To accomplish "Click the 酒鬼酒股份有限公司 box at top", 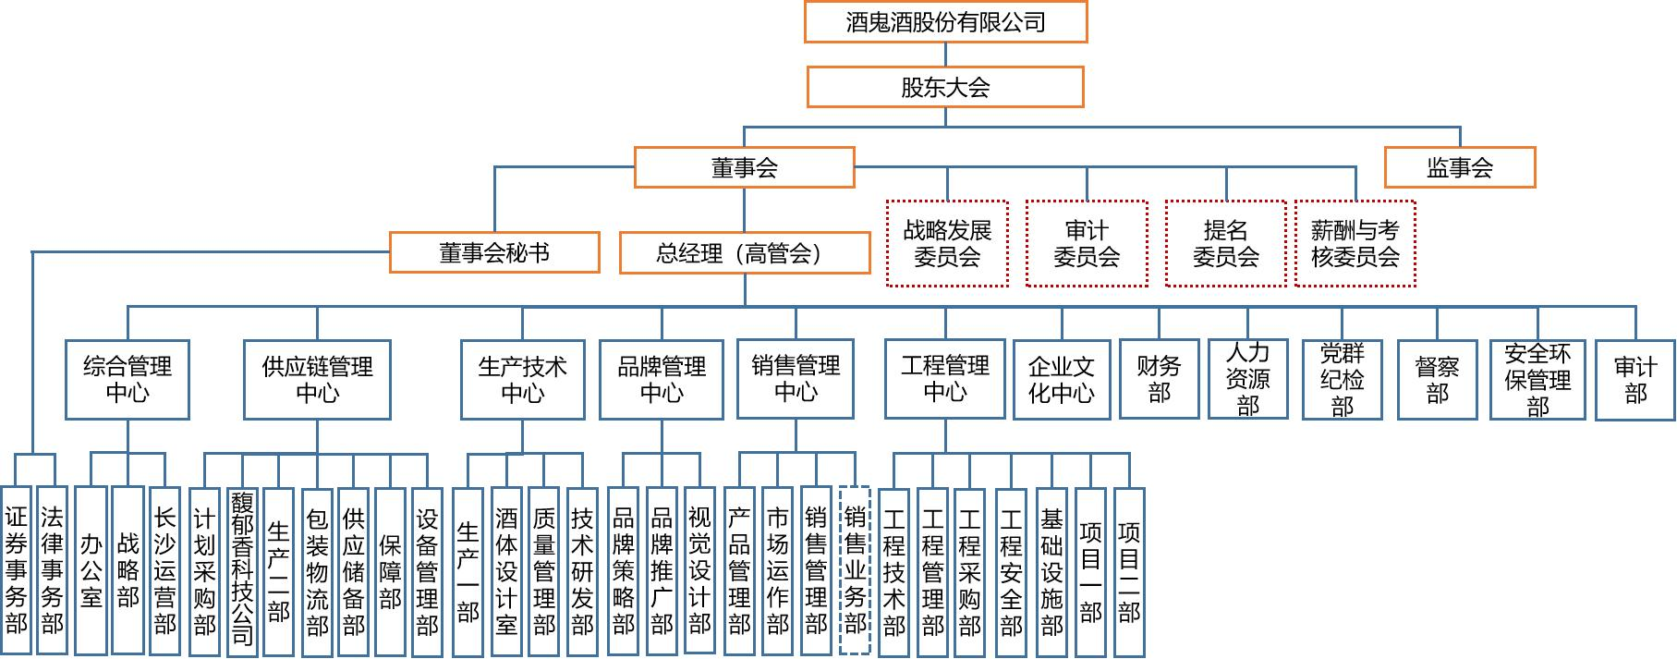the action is (945, 22).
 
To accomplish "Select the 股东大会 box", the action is (945, 87).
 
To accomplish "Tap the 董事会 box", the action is (745, 167).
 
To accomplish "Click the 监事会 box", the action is (1460, 167).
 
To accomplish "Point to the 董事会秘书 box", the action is (494, 252).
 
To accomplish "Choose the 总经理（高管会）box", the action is (745, 252).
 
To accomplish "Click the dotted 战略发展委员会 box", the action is (947, 243).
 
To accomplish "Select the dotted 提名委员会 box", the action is (1226, 243).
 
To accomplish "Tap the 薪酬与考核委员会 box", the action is (1355, 243).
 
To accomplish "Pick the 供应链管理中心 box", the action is (317, 380).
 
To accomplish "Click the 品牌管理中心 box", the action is (662, 380).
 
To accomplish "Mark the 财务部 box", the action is (1160, 380).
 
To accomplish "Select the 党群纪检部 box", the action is (1342, 380).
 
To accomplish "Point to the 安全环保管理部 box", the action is (1537, 380).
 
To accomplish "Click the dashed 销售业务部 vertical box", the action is (856, 571).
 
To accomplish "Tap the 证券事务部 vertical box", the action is (16, 571).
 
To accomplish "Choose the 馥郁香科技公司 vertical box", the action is (242, 571).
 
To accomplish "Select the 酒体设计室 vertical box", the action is (506, 571).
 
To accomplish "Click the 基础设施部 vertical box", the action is (1051, 571).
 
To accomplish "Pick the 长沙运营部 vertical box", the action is (164, 571).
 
